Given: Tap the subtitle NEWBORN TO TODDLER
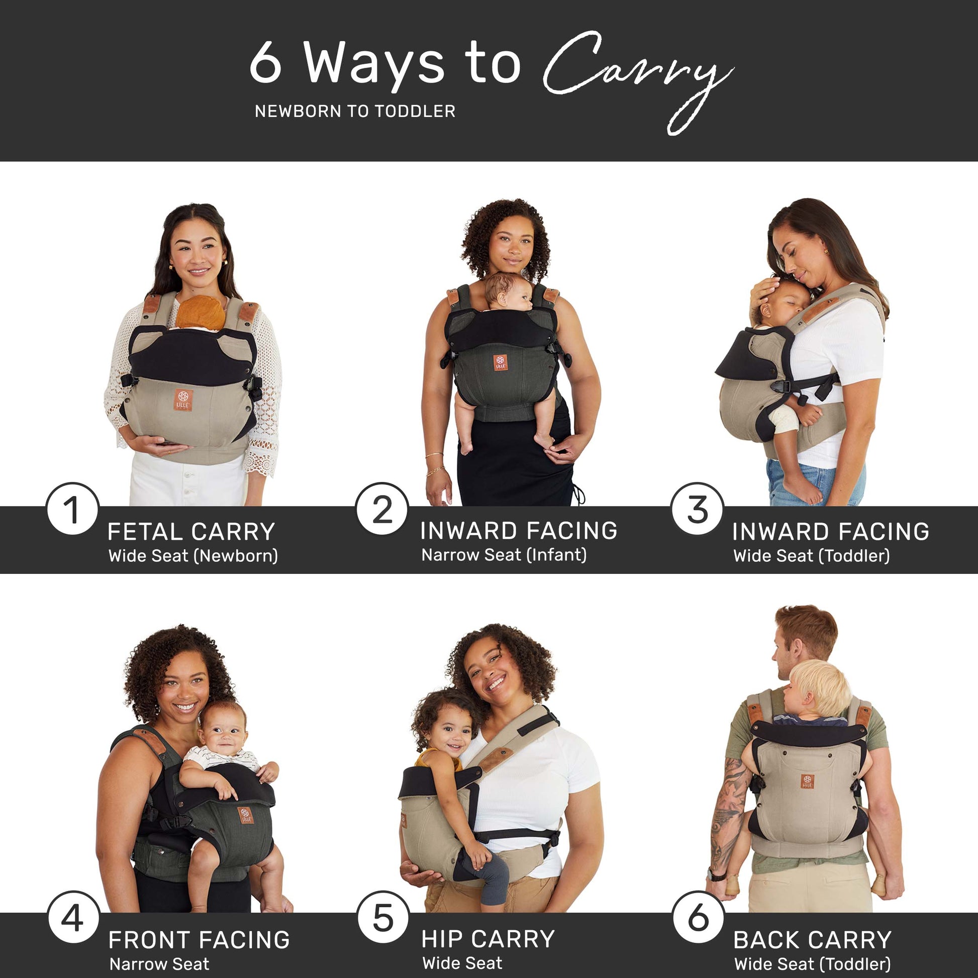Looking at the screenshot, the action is pos(355,112).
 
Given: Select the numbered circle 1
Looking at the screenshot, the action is pos(72,509).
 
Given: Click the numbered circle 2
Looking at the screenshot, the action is pos(382,509).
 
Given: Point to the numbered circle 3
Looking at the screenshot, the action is pos(698,509).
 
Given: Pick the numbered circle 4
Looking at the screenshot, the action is pos(73,918).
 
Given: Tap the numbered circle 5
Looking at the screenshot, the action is pos(382,918).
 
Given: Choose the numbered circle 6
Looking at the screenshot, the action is pos(698,918).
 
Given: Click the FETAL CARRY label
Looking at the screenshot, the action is pos(191,532).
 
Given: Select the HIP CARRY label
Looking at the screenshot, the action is pos(488,939).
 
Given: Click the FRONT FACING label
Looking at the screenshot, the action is pos(199,940).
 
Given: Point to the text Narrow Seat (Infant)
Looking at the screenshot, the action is pos(504,555).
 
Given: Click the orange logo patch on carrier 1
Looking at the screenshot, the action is pos(183,400).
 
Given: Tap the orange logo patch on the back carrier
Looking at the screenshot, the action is pos(807,781).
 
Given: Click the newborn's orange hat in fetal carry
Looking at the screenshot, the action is pos(201,312).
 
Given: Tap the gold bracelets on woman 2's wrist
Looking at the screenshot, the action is pos(435,466).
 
